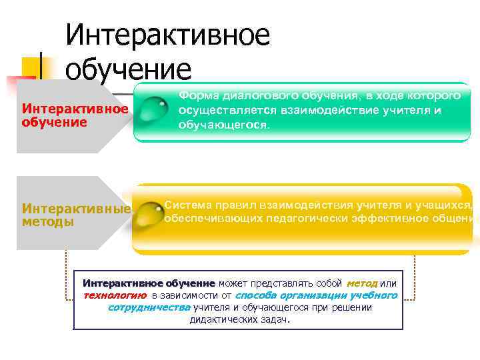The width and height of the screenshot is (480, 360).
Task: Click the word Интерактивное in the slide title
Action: tap(167, 35)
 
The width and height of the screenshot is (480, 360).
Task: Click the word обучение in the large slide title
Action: tap(128, 69)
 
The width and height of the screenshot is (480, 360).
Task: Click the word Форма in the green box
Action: tap(197, 96)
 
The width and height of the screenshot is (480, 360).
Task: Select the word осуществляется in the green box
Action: tap(220, 110)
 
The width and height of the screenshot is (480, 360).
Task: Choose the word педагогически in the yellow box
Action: tap(307, 217)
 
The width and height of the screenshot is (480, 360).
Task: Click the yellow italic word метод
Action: tap(362, 283)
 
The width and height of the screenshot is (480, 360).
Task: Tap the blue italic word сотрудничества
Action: tap(149, 307)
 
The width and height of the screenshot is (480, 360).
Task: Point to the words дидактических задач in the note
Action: tap(239, 319)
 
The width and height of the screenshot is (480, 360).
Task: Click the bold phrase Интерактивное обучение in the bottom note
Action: tap(149, 283)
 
